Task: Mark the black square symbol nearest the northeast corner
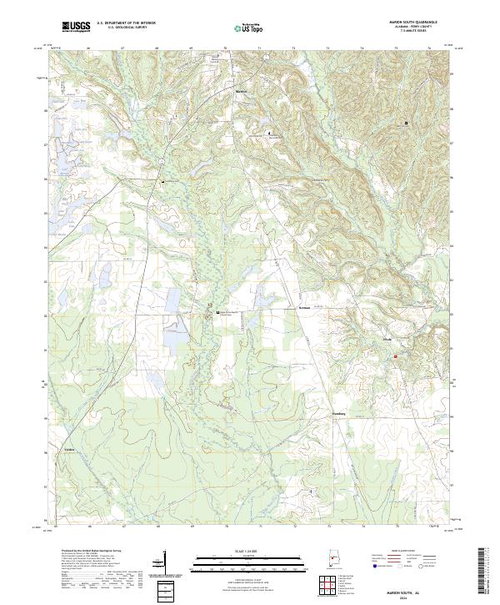coord(406,124)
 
